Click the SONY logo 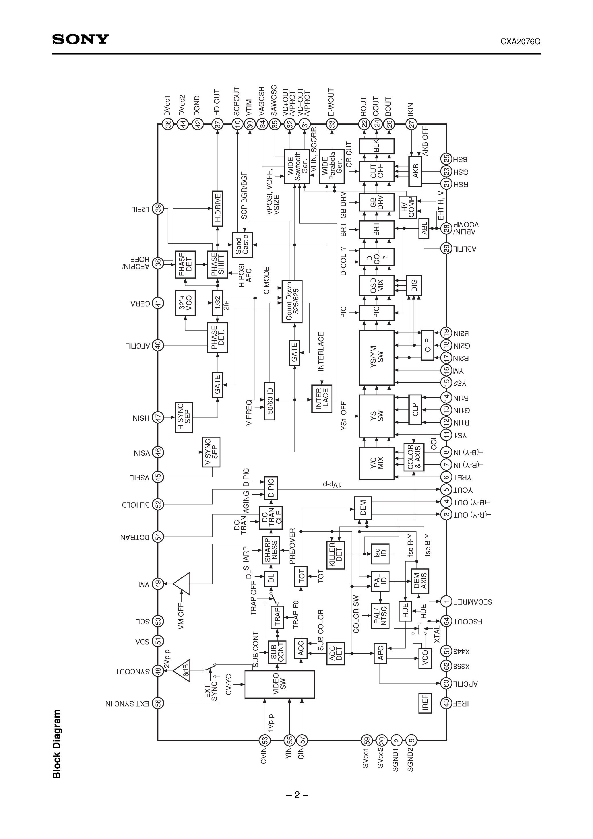click(80, 39)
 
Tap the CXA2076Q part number click(520, 42)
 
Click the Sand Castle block click(242, 244)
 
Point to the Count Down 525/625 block click(292, 302)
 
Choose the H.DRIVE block click(217, 208)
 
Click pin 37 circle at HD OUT click(218, 124)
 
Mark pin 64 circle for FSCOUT click(446, 621)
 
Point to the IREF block click(425, 703)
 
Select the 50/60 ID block click(270, 401)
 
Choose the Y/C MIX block click(376, 463)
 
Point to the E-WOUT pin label click(331, 103)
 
